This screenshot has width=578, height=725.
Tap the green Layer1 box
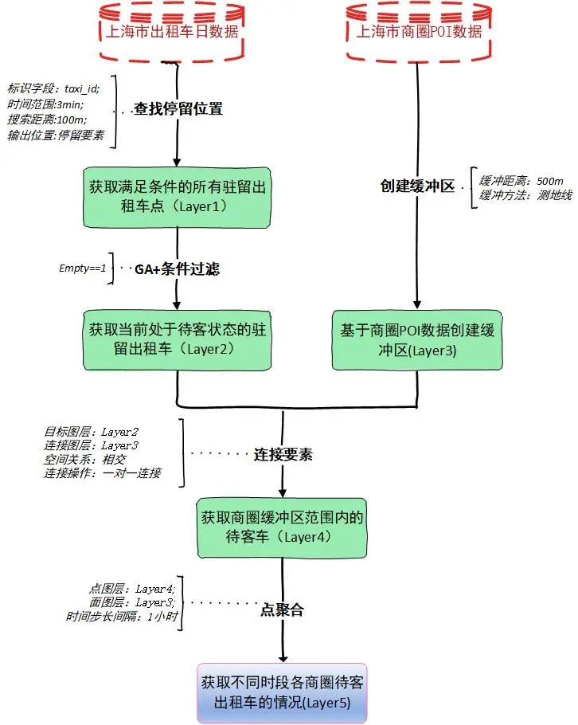[177, 196]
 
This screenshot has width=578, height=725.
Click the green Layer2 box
[177, 338]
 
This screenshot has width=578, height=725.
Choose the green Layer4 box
[283, 528]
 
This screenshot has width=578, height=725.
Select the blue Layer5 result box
[283, 694]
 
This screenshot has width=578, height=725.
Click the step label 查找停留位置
[177, 109]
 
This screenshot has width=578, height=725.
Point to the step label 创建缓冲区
[416, 186]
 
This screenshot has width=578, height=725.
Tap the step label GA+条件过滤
[177, 269]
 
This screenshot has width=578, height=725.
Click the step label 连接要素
[283, 455]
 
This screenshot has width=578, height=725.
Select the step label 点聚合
[283, 611]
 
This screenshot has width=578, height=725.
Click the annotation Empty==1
[82, 268]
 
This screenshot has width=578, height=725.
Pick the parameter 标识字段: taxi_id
[53, 89]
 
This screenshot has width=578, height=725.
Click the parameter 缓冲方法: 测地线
[517, 194]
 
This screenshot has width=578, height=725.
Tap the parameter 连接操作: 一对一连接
[103, 473]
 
